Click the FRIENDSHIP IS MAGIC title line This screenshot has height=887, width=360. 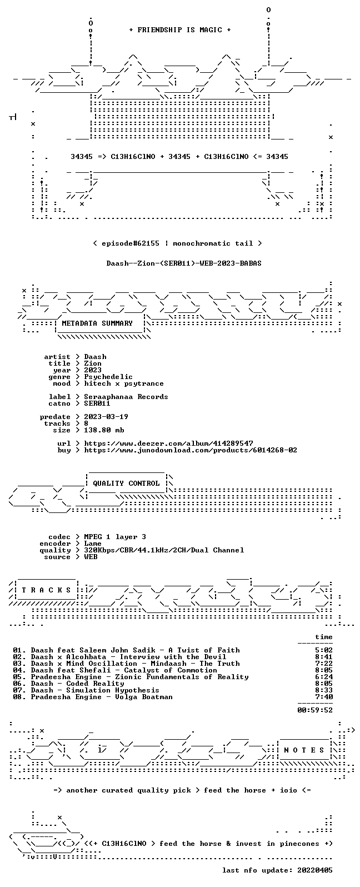(x=180, y=30)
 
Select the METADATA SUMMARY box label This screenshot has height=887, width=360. (x=97, y=323)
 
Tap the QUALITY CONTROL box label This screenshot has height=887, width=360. (x=126, y=484)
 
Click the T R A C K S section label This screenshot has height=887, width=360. (x=46, y=590)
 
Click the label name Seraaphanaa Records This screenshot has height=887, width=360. (x=126, y=397)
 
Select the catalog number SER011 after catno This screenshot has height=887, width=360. (x=97, y=403)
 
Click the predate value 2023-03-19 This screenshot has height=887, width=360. (x=106, y=417)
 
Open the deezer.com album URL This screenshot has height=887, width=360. (x=168, y=443)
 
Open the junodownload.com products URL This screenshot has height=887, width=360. (x=191, y=450)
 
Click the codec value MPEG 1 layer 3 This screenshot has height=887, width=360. (x=115, y=537)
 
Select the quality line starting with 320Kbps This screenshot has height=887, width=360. (x=164, y=550)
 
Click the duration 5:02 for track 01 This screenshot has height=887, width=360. (x=324, y=650)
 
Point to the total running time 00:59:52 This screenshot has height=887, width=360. (x=315, y=710)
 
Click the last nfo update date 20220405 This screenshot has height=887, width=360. (x=315, y=870)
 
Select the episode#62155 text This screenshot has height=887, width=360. (x=131, y=243)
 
